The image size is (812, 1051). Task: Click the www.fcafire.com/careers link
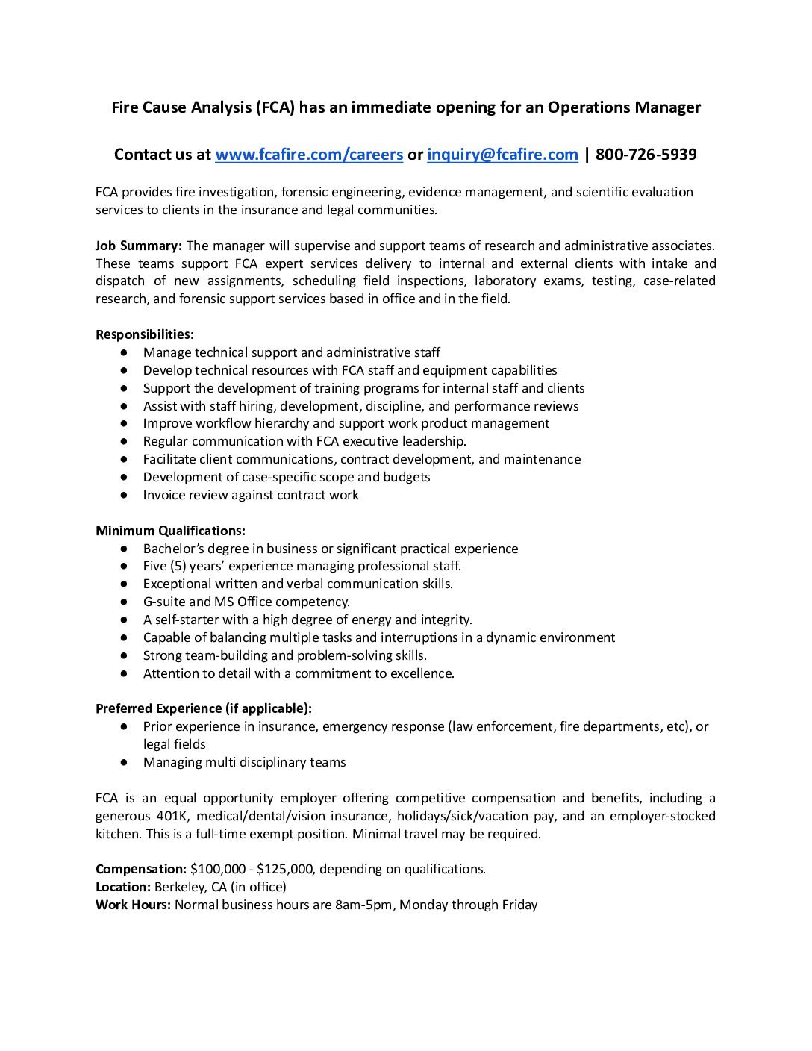tap(309, 155)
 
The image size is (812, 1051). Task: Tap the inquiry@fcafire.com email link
tap(502, 155)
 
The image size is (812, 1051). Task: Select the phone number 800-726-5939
tap(646, 155)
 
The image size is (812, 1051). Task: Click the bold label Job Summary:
tap(139, 246)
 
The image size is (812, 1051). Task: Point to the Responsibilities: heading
tap(145, 334)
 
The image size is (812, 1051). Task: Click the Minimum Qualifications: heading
tap(170, 531)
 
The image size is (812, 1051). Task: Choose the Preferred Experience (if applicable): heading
tap(204, 708)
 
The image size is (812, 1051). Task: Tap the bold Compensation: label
tap(141, 869)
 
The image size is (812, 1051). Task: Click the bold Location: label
tap(123, 887)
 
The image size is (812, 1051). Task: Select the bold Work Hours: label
tap(133, 905)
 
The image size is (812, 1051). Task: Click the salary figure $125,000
tap(284, 869)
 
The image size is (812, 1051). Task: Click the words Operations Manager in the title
tap(624, 107)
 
